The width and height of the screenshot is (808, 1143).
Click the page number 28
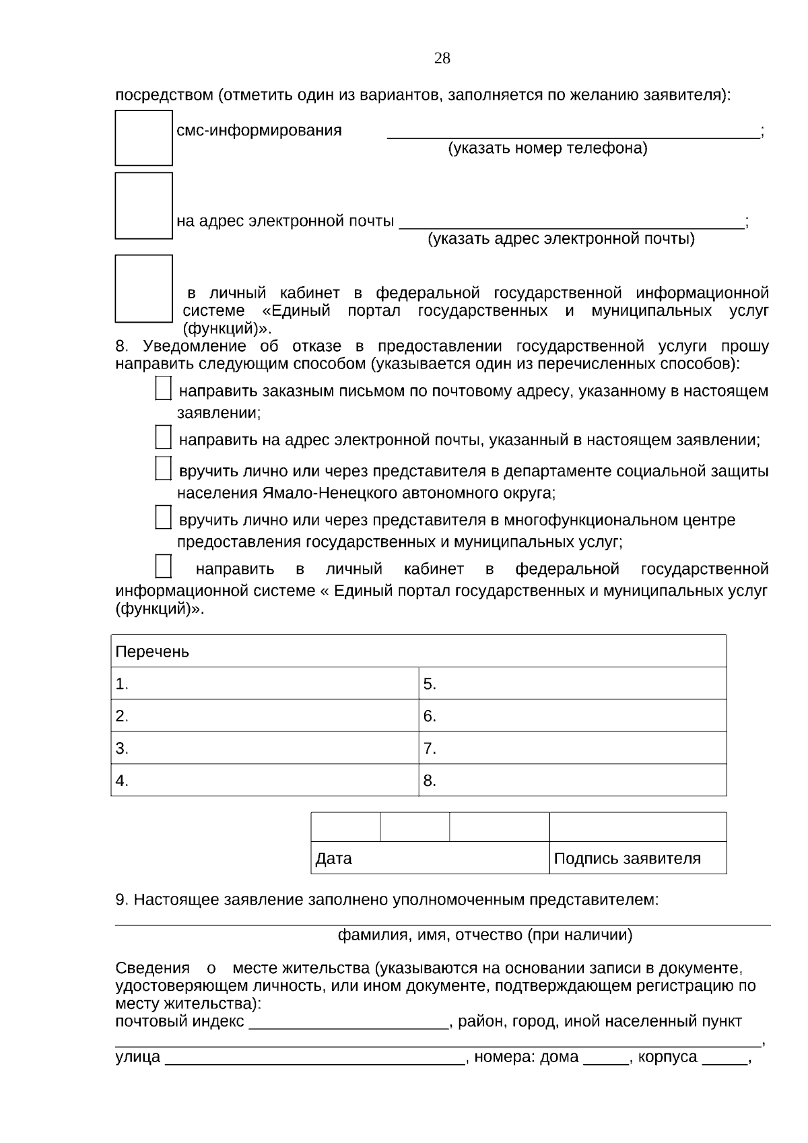point(442,59)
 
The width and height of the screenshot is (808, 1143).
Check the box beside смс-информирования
point(143,137)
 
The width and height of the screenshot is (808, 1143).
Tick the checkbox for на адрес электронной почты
point(143,205)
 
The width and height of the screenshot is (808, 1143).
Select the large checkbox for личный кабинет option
point(143,288)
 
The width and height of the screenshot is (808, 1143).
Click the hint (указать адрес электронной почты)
point(561,238)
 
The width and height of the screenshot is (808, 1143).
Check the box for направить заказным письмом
point(163,389)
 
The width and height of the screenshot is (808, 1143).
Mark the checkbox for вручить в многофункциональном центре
point(163,517)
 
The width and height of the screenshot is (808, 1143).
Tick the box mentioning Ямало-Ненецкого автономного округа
point(163,468)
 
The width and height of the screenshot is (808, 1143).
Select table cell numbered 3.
point(265,748)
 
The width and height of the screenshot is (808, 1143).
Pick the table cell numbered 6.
point(572,715)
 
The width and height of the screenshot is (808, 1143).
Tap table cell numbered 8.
point(572,780)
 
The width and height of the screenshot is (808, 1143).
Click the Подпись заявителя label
point(627,858)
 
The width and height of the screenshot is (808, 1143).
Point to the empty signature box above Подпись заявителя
point(638,826)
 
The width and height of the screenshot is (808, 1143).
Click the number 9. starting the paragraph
point(122,900)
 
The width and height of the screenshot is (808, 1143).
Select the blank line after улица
point(315,1057)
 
